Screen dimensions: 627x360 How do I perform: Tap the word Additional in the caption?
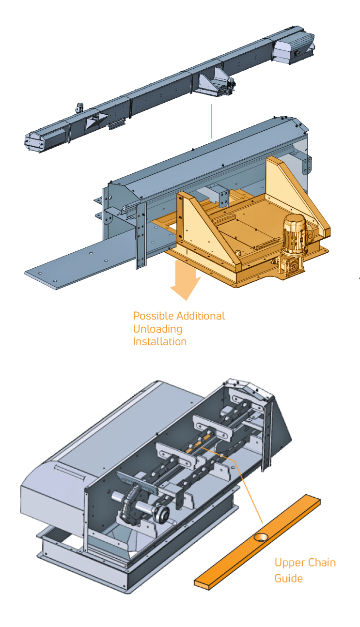pyautogui.click(x=201, y=316)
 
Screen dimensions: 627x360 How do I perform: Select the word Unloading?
pyautogui.click(x=157, y=329)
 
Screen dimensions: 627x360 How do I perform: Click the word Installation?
pyautogui.click(x=159, y=341)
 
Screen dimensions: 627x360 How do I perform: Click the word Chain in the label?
pyautogui.click(x=322, y=563)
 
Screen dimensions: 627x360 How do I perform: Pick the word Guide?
pyautogui.click(x=289, y=578)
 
